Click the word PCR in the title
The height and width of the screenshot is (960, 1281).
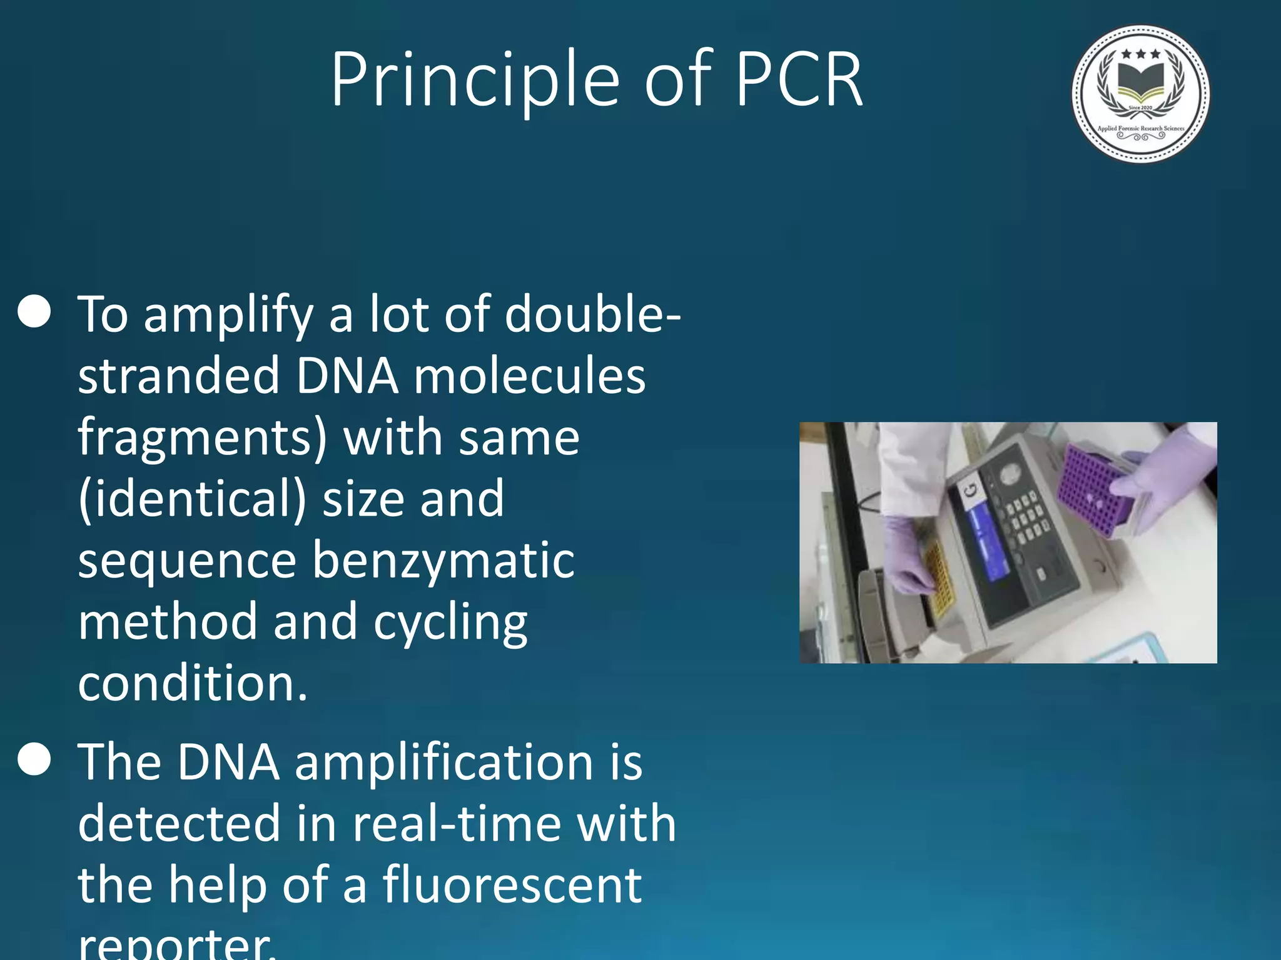pyautogui.click(x=799, y=80)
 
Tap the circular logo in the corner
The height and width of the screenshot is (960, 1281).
pyautogui.click(x=1140, y=94)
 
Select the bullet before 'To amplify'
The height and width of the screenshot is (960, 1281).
pyautogui.click(x=34, y=311)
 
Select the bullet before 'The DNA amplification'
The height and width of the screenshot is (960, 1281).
pyautogui.click(x=34, y=759)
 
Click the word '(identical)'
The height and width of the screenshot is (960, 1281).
pyautogui.click(x=193, y=499)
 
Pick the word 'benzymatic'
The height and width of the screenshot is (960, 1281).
pyautogui.click(x=443, y=560)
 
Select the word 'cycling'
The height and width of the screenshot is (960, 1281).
pyautogui.click(x=450, y=624)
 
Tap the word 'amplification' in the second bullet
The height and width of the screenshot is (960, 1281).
pyautogui.click(x=443, y=764)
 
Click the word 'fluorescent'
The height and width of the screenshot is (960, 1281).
pyautogui.click(x=512, y=885)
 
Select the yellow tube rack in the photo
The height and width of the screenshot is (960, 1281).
pyautogui.click(x=938, y=578)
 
